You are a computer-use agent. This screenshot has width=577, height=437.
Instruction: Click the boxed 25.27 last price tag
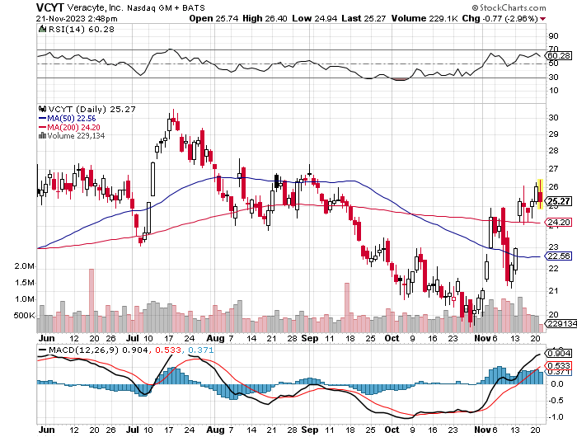click(x=560, y=201)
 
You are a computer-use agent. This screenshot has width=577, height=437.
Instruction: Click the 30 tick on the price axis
click(x=551, y=117)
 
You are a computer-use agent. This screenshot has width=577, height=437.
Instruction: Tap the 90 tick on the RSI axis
click(x=551, y=37)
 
